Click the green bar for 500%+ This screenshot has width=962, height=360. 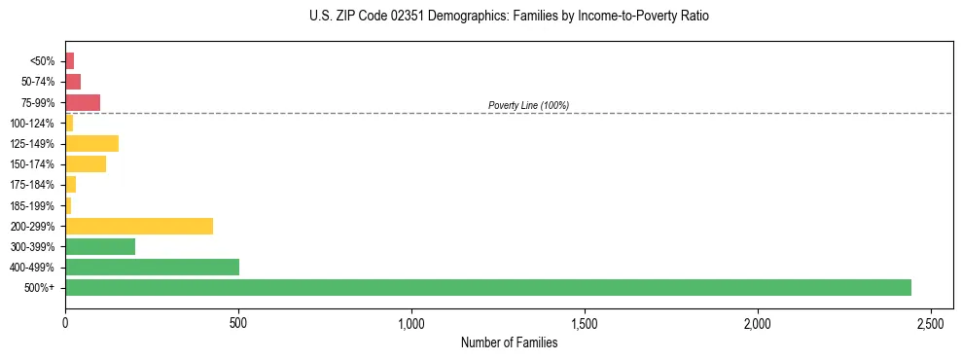pyautogui.click(x=487, y=288)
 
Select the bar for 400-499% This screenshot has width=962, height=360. pyautogui.click(x=152, y=268)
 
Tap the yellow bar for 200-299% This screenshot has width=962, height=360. pyautogui.click(x=139, y=227)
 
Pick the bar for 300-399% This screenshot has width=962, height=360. pyautogui.click(x=100, y=247)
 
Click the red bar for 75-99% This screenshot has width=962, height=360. pyautogui.click(x=83, y=102)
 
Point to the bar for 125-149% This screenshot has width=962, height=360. pyautogui.click(x=91, y=144)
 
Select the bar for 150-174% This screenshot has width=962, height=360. pyautogui.click(x=86, y=164)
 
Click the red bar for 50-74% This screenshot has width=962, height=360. pyautogui.click(x=73, y=82)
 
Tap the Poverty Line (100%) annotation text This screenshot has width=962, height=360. pyautogui.click(x=528, y=105)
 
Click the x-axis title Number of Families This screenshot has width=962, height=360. pyautogui.click(x=509, y=342)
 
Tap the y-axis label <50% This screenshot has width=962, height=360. pyautogui.click(x=43, y=61)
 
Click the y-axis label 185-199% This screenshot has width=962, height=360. pyautogui.click(x=32, y=206)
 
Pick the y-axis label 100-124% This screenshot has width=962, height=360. pyautogui.click(x=32, y=124)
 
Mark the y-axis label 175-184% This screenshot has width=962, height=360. pyautogui.click(x=32, y=185)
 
